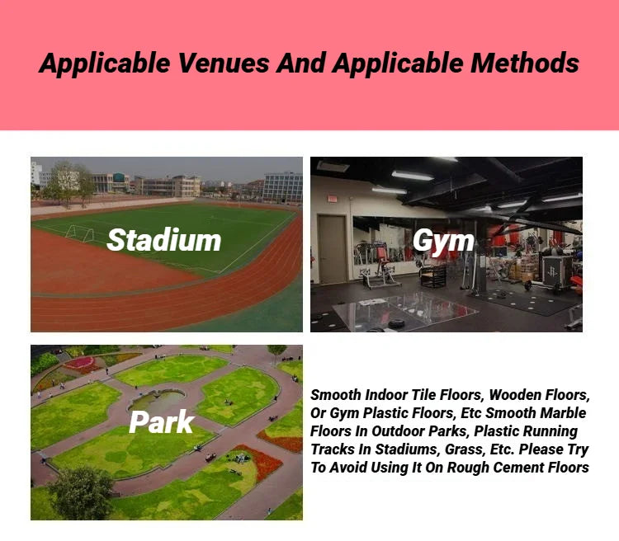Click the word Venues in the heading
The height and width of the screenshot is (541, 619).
click(x=224, y=63)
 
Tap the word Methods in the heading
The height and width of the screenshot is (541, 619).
click(x=525, y=63)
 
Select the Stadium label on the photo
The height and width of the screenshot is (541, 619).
click(x=164, y=240)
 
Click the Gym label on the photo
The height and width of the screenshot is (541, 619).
click(x=443, y=242)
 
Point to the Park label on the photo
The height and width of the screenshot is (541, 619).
click(x=162, y=422)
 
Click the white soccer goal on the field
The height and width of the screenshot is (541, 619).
click(x=80, y=233)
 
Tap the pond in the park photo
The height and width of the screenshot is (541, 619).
click(x=157, y=401)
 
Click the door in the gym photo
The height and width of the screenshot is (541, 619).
click(x=332, y=249)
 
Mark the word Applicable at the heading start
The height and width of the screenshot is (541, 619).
click(x=105, y=64)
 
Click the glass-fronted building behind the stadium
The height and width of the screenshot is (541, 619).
click(x=282, y=187)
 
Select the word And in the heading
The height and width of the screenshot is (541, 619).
click(x=300, y=63)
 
